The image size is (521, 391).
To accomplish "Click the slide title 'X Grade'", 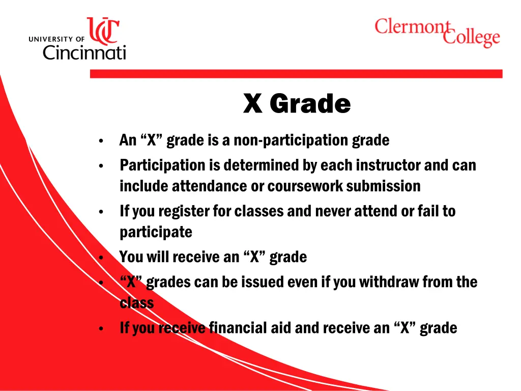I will point(297,104).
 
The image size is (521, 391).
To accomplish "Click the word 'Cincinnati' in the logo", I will point(84,52).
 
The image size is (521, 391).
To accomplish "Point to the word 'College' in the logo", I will point(471,38).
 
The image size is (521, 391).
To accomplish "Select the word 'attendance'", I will point(210,186).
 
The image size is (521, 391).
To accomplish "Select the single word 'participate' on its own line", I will point(156,232).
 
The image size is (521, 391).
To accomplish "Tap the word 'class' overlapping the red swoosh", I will point(136,303).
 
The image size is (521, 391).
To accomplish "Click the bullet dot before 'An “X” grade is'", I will point(102,141).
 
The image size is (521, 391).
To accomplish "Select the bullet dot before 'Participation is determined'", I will point(102,166).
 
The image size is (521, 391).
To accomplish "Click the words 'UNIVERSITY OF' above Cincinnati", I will point(57,39).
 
